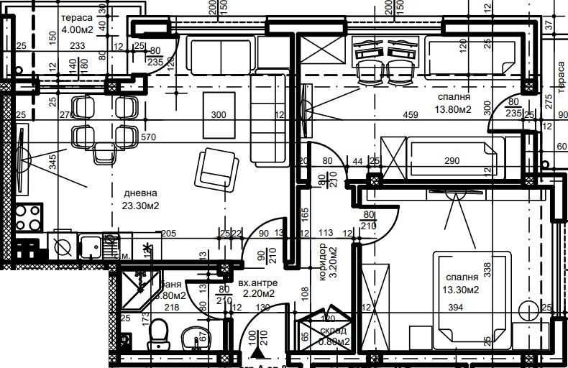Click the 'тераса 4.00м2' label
(x=76, y=24)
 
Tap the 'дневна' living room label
(x=140, y=194)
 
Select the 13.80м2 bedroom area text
(x=453, y=109)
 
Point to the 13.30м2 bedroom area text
(x=461, y=290)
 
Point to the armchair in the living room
(x=218, y=170)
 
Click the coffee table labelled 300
(x=218, y=114)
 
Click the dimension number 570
(x=149, y=137)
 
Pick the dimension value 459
(x=411, y=115)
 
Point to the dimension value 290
(x=452, y=160)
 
